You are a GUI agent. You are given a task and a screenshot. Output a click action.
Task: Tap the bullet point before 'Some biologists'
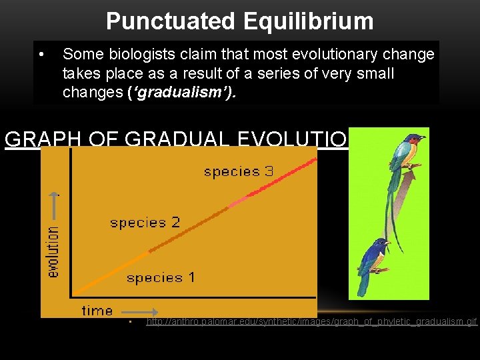[41, 53]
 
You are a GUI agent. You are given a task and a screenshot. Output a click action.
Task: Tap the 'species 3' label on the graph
[238, 171]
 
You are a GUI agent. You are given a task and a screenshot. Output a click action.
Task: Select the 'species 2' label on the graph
[145, 223]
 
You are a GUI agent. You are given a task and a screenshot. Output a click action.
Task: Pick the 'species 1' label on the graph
[160, 277]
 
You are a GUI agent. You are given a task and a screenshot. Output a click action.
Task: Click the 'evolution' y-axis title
[53, 250]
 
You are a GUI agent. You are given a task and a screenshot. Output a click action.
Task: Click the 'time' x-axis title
[97, 310]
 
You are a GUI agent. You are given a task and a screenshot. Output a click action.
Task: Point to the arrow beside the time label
[140, 311]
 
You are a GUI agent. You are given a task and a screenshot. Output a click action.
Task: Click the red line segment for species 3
[280, 179]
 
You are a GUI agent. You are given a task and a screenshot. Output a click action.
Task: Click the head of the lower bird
[380, 247]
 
